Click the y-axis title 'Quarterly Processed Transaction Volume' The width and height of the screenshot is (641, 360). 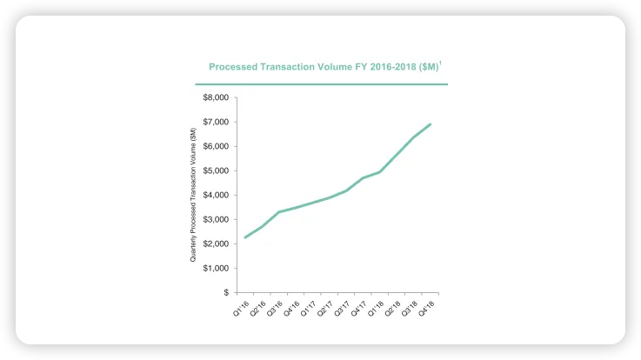coord(193,195)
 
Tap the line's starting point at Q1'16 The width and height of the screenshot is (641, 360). coord(245,237)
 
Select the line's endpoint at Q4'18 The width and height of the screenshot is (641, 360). coord(431,124)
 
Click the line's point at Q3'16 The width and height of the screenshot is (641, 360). coord(279,212)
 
